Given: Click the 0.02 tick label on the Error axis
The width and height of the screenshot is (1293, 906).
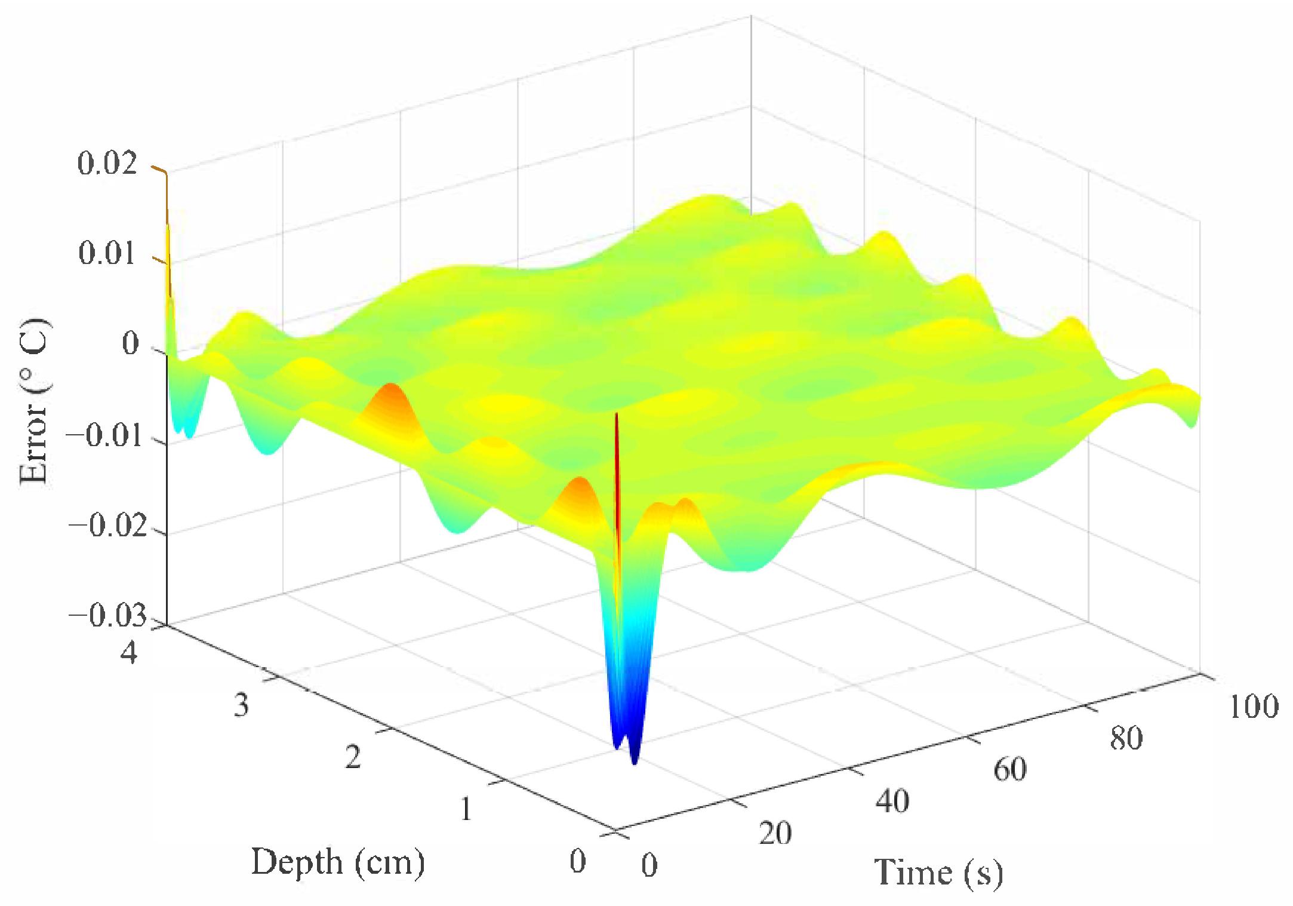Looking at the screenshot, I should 107,163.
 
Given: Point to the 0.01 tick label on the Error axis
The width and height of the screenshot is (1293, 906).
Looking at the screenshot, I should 107,253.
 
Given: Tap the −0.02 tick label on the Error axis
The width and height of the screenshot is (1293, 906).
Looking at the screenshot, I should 107,526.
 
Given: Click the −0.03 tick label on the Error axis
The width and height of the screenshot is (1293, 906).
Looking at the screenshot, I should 107,616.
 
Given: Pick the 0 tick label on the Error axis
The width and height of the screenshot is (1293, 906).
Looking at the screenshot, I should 130,344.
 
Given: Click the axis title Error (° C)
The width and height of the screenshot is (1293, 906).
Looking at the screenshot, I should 35,401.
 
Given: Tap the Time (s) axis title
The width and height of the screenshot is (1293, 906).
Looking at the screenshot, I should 938,873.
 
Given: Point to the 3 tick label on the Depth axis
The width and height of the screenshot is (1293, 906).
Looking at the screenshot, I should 241,705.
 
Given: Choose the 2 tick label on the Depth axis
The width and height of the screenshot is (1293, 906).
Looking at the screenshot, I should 353,757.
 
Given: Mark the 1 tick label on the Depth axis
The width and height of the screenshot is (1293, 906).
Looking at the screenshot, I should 466,810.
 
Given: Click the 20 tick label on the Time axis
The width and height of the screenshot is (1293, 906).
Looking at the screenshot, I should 775,833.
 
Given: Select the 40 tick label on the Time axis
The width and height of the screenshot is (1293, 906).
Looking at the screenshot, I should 892,801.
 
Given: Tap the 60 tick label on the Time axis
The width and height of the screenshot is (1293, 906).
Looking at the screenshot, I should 1009,769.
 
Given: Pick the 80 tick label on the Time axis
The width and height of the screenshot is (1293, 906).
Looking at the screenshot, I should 1126,738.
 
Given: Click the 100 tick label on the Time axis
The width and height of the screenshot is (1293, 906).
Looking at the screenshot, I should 1254,707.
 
